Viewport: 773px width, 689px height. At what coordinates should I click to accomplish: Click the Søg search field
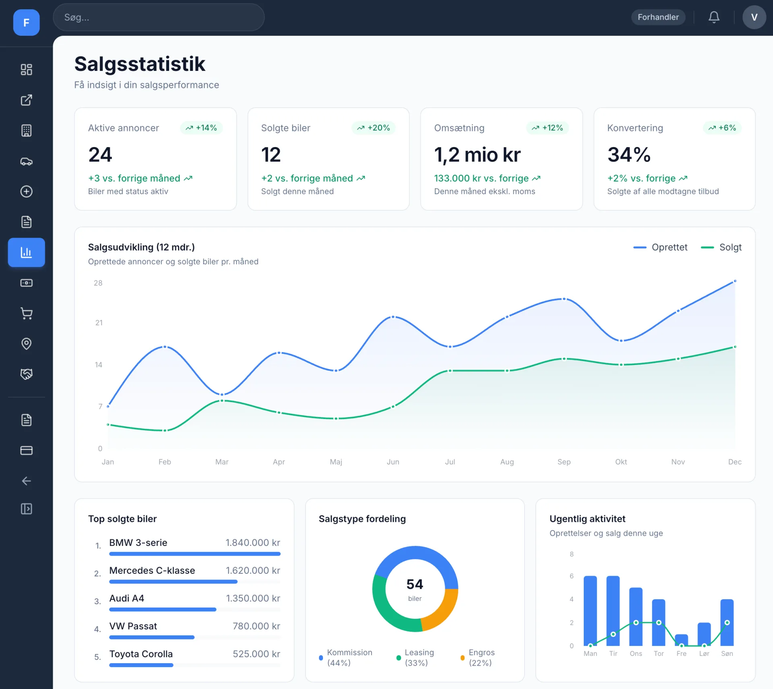click(x=159, y=17)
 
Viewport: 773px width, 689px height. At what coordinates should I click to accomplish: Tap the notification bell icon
click(x=714, y=17)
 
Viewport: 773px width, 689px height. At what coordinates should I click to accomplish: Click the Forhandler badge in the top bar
click(x=658, y=17)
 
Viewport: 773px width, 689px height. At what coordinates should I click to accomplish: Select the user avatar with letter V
click(x=754, y=17)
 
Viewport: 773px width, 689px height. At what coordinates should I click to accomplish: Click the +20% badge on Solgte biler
click(x=374, y=128)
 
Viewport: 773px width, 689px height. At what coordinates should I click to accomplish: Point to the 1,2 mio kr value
click(x=477, y=155)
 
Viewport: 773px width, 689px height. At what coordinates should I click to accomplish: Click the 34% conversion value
click(x=629, y=155)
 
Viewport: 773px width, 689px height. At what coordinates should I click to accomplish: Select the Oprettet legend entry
click(x=660, y=247)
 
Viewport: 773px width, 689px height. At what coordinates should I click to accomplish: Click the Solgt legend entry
click(x=721, y=247)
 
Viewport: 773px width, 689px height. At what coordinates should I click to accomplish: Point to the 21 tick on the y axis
click(x=99, y=323)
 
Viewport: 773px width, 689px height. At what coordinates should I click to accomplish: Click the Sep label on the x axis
click(x=564, y=462)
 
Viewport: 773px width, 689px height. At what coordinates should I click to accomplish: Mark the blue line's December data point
click(x=735, y=281)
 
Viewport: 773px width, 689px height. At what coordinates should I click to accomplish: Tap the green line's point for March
click(x=222, y=401)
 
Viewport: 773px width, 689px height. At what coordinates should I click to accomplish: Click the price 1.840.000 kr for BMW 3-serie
click(x=253, y=543)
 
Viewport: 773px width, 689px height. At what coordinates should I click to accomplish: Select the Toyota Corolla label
click(x=141, y=654)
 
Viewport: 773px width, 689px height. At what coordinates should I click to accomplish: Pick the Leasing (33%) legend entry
click(x=415, y=658)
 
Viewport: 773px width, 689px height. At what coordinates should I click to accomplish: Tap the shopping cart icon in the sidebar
click(x=27, y=313)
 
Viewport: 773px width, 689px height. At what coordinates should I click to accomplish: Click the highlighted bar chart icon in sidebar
click(x=27, y=253)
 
